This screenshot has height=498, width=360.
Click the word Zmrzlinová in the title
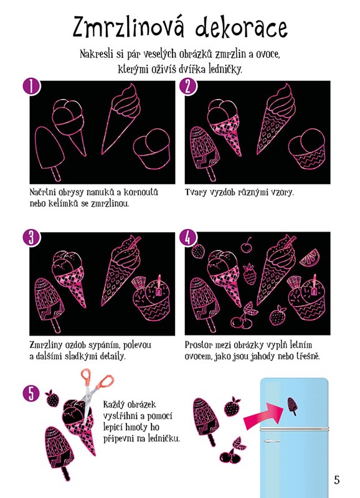tap(129, 27)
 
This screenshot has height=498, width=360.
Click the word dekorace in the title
tap(242, 27)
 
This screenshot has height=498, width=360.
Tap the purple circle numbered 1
tap(31, 87)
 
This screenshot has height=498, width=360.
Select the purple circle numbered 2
tap(187, 87)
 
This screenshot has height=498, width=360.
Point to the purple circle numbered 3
tap(31, 238)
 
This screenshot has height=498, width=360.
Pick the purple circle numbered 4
tap(187, 238)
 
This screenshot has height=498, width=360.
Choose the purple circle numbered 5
tap(31, 393)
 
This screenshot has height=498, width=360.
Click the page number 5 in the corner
tap(337, 479)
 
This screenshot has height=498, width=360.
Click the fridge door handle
tap(272, 441)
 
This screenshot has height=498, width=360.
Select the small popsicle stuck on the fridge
tap(293, 406)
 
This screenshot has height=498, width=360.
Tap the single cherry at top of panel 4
tap(246, 245)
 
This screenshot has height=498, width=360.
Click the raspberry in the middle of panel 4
tap(249, 274)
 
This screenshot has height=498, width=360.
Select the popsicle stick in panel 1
tap(56, 174)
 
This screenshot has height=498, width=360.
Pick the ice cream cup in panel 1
tap(151, 148)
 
